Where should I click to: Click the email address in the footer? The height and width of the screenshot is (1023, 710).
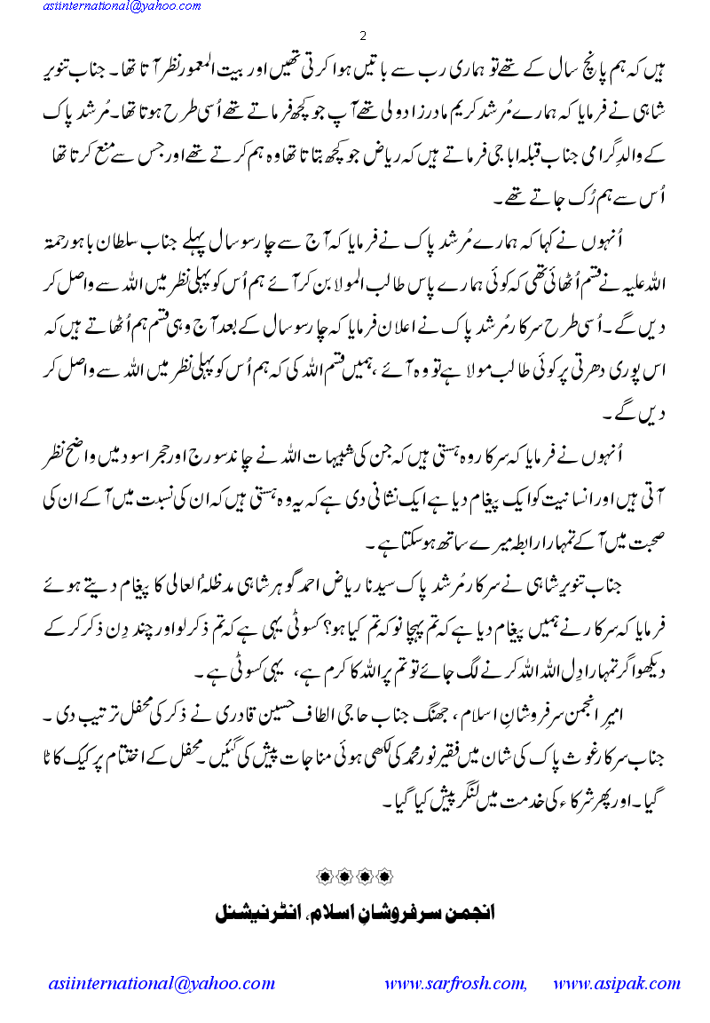pos(162,984)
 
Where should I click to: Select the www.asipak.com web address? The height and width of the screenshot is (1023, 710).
pos(616,984)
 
